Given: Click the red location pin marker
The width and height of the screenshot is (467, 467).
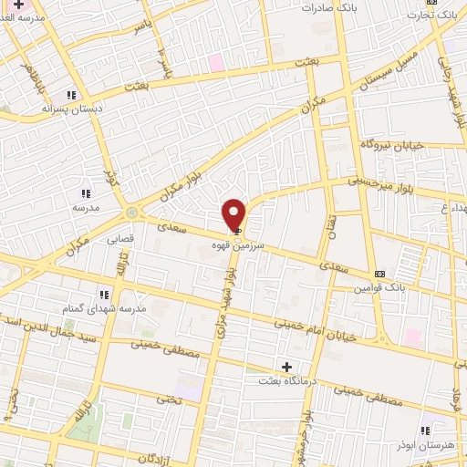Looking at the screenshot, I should pos(235,213).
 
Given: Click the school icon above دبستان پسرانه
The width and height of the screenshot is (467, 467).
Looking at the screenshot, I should pos(70,95).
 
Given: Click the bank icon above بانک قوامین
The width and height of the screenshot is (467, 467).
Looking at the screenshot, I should pos(379,275).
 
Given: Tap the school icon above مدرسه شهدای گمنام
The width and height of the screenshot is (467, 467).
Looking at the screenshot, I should pos(104,295).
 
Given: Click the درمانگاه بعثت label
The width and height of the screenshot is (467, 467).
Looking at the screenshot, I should pos(286,379).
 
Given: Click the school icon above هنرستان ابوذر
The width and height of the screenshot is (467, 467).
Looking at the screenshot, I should pos(424,431).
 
